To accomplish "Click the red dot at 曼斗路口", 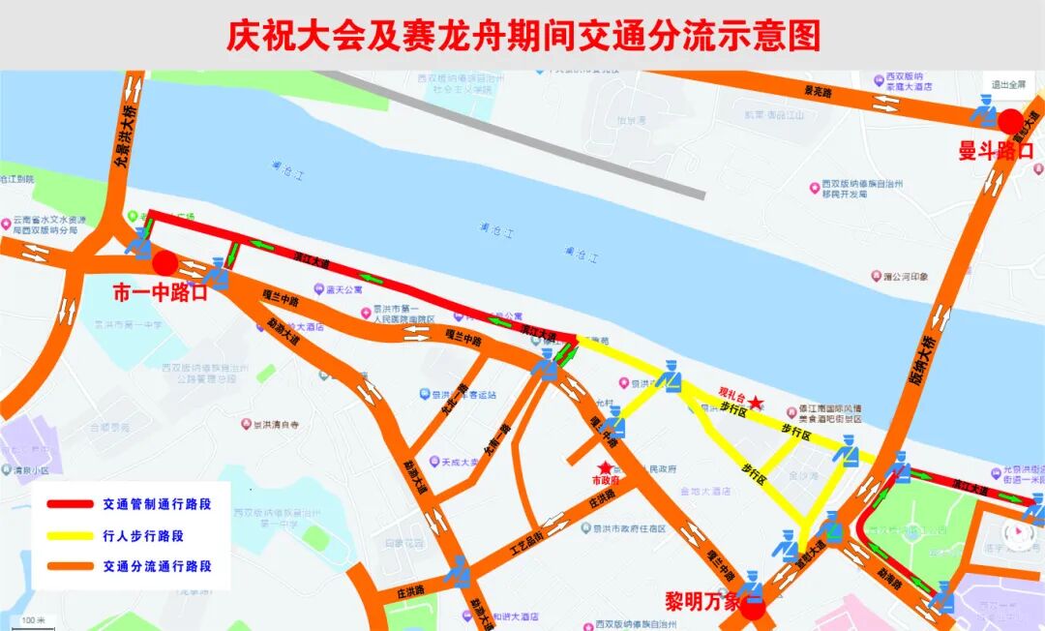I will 1011,122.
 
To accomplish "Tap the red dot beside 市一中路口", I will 164,263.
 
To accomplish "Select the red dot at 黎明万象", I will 753,606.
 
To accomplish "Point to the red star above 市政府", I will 606,468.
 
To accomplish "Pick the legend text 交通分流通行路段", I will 157,566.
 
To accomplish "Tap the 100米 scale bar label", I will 33,619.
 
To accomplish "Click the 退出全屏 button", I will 1008,84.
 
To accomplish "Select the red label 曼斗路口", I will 996,151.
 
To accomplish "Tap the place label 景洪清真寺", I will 275,424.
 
